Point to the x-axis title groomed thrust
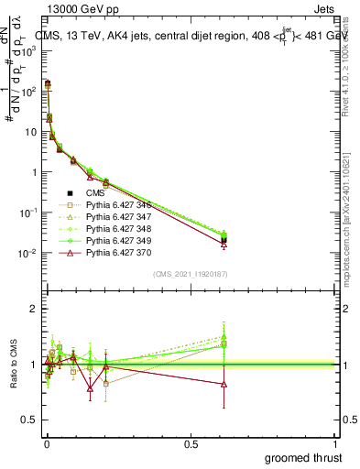(303, 456)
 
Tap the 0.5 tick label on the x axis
(191, 443)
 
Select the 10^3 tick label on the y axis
(28, 51)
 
